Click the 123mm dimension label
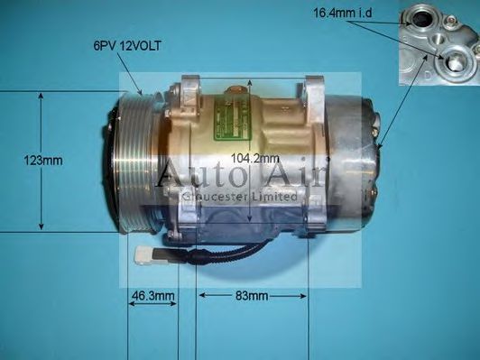tap(43, 162)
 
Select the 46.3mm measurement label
tap(151, 295)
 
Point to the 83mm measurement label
tap(252, 295)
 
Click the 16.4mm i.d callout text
tap(343, 13)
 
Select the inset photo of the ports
tap(438, 42)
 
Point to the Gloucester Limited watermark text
tap(240, 195)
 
